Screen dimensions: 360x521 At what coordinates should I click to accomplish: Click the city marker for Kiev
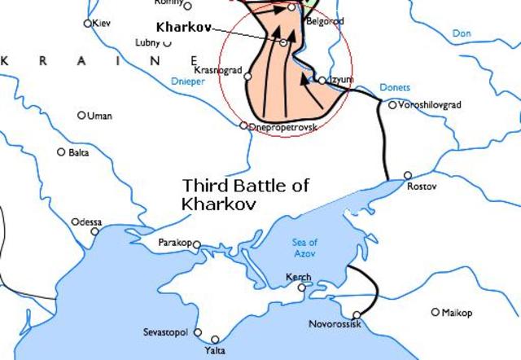pos(88,24)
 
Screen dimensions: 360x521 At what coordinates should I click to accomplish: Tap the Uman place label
pos(99,116)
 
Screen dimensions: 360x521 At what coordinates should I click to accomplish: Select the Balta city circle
pos(61,152)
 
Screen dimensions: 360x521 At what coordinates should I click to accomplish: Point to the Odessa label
pos(87,222)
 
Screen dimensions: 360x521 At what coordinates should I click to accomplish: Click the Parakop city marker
pos(196,244)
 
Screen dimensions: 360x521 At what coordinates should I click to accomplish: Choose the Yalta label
pos(216,350)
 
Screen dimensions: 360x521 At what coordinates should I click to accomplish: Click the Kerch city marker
pos(302,288)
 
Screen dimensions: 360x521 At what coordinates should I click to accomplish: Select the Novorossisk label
pos(335,324)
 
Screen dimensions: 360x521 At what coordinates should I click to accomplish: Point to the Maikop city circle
pos(436,312)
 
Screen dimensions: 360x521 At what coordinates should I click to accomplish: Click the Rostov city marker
pos(408,175)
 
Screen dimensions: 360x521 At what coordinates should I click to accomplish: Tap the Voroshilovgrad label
pos(430,105)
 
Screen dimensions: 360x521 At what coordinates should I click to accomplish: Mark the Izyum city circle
pos(322,80)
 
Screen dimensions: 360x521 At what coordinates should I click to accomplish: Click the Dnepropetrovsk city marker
pos(243,125)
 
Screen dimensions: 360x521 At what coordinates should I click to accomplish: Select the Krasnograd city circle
pos(247,77)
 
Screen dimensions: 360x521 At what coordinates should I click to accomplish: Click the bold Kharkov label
pos(182,27)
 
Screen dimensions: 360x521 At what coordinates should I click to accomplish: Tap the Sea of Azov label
pos(305,248)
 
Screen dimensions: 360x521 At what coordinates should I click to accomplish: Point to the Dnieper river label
pos(189,81)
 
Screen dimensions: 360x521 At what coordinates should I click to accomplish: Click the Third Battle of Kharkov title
pos(245,194)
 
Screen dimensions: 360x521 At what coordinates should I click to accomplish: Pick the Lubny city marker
pos(167,43)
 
